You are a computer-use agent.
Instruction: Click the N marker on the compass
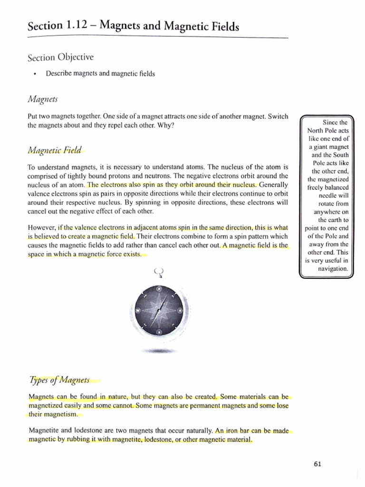tap(159, 288)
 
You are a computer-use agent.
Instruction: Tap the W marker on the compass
tap(137, 310)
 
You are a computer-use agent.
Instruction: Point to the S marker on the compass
tap(159, 331)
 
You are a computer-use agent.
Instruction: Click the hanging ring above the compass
tap(159, 273)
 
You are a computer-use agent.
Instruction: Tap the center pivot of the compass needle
tap(159, 310)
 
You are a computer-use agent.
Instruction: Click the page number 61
tap(318, 465)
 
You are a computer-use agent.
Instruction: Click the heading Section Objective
tap(60, 58)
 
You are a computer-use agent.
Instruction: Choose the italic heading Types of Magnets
tap(59, 380)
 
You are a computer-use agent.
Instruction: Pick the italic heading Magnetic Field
tap(55, 150)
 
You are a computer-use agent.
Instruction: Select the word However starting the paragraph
tap(42, 227)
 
